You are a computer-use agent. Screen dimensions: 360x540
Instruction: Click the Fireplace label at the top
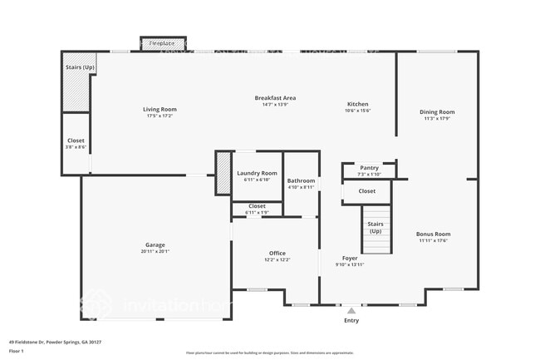(161, 42)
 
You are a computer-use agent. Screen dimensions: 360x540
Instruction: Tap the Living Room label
(160, 109)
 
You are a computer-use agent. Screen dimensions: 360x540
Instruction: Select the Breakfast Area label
(275, 98)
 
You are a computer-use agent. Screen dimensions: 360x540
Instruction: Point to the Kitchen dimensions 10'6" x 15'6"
(358, 111)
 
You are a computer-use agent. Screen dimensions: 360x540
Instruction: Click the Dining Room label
(436, 111)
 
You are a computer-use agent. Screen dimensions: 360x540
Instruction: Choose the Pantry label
(369, 167)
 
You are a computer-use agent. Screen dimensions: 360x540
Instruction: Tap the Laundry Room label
(257, 173)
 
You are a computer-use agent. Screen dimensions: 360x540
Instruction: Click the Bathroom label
(301, 180)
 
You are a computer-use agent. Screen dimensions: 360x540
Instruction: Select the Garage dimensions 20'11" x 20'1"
(155, 251)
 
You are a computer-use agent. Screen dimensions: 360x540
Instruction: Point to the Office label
(277, 253)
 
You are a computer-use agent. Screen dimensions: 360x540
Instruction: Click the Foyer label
(350, 258)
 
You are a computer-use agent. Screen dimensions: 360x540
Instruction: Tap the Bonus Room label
(433, 234)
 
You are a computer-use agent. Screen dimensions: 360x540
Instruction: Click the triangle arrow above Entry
(351, 310)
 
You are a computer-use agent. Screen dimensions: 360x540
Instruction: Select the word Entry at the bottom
(351, 320)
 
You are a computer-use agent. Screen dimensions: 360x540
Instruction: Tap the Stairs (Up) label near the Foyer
(375, 226)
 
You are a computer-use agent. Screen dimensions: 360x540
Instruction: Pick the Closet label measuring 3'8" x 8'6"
(76, 141)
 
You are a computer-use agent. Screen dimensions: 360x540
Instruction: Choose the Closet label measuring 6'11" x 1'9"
(257, 205)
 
